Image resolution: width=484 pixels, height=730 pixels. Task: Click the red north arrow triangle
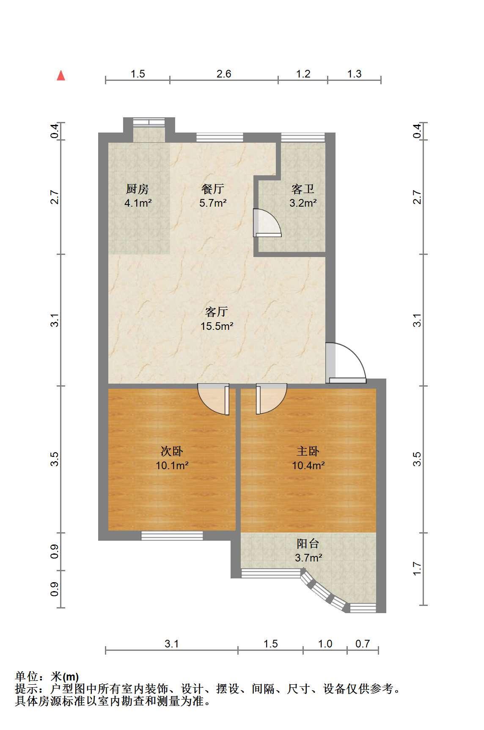tap(61, 75)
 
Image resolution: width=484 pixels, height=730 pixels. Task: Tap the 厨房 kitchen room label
tap(137, 189)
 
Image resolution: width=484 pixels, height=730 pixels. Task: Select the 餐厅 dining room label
tap(213, 189)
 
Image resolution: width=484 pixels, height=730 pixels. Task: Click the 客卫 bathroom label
tap(303, 189)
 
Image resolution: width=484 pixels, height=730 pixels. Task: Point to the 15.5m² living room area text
tap(217, 326)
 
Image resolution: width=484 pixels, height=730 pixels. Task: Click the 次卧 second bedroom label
tap(172, 451)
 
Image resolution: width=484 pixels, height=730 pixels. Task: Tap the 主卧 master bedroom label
tap(308, 451)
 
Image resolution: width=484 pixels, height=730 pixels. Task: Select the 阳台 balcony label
tap(308, 543)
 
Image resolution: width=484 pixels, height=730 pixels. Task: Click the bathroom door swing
tap(267, 223)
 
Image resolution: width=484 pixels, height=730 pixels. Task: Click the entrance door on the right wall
tap(346, 362)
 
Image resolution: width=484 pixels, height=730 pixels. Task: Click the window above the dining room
tap(220, 137)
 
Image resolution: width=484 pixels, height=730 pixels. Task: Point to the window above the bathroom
tap(303, 137)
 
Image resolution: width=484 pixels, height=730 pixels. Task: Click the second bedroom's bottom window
tap(172, 536)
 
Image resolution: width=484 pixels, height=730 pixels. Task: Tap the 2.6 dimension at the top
tap(224, 74)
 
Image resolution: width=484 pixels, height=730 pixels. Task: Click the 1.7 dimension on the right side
tap(417, 568)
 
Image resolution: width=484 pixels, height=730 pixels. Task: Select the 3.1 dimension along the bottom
tap(172, 644)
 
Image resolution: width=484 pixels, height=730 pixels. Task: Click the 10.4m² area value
tap(308, 466)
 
